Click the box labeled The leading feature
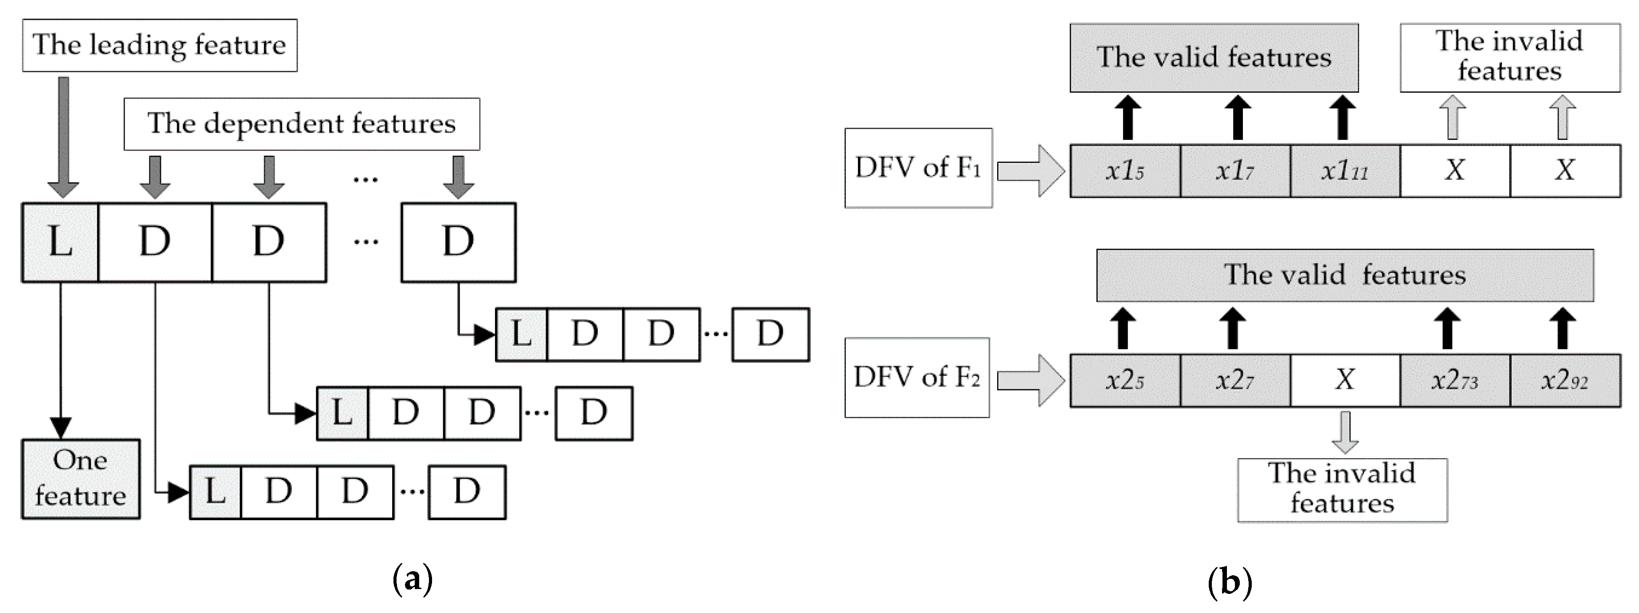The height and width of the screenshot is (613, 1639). tap(159, 45)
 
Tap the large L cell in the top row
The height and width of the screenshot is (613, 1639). tap(60, 242)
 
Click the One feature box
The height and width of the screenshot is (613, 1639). tap(81, 479)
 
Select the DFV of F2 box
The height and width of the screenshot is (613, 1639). tap(917, 377)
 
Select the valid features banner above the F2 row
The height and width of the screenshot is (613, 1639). tap(1344, 275)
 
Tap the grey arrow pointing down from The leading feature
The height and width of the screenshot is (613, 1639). tap(63, 137)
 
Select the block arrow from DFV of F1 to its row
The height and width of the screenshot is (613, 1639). tap(1030, 170)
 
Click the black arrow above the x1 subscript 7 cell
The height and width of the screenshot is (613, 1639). tap(1238, 118)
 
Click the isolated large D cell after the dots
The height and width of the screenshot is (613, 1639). tap(458, 242)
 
